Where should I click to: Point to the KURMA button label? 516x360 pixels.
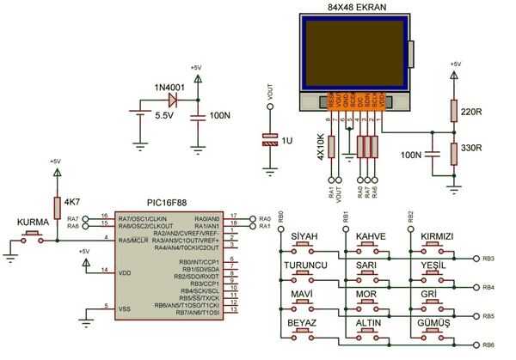point(34,222)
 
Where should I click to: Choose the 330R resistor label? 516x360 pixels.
point(472,148)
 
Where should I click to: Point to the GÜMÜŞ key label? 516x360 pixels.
point(434,322)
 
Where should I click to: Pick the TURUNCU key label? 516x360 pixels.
point(306,265)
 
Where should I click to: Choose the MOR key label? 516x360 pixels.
point(367,294)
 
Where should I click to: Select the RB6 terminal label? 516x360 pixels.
point(488,345)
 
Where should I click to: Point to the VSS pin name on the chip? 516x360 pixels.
point(126,307)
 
